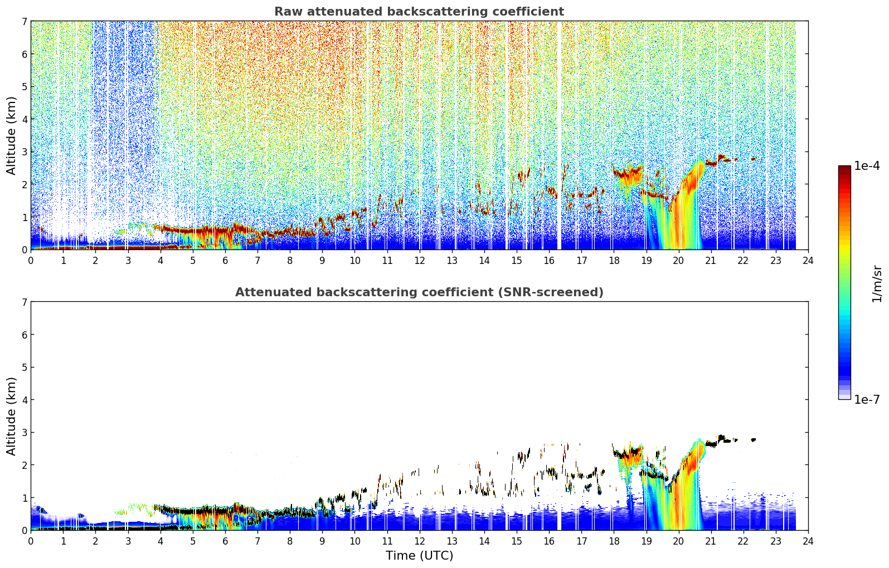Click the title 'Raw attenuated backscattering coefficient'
click(x=419, y=12)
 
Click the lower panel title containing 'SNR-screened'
click(x=419, y=292)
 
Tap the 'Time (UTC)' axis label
click(x=419, y=555)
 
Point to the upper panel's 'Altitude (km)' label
click(x=11, y=136)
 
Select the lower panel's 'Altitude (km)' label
click(x=11, y=416)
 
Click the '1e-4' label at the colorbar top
click(x=867, y=166)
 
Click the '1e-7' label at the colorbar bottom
click(x=867, y=399)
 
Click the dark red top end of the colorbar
click(x=844, y=168)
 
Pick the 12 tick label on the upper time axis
click(x=420, y=261)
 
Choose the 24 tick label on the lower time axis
click(x=808, y=541)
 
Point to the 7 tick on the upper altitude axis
click(x=24, y=21)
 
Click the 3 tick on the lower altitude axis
click(x=24, y=432)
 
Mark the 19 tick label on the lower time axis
click(x=646, y=541)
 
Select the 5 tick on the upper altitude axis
click(x=24, y=86)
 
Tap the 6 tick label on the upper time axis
click(x=225, y=261)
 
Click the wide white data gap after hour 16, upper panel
click(x=559, y=135)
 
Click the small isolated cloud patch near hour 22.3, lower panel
click(x=753, y=439)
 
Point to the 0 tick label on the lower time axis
click(x=31, y=541)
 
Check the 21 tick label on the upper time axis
click(x=711, y=261)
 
